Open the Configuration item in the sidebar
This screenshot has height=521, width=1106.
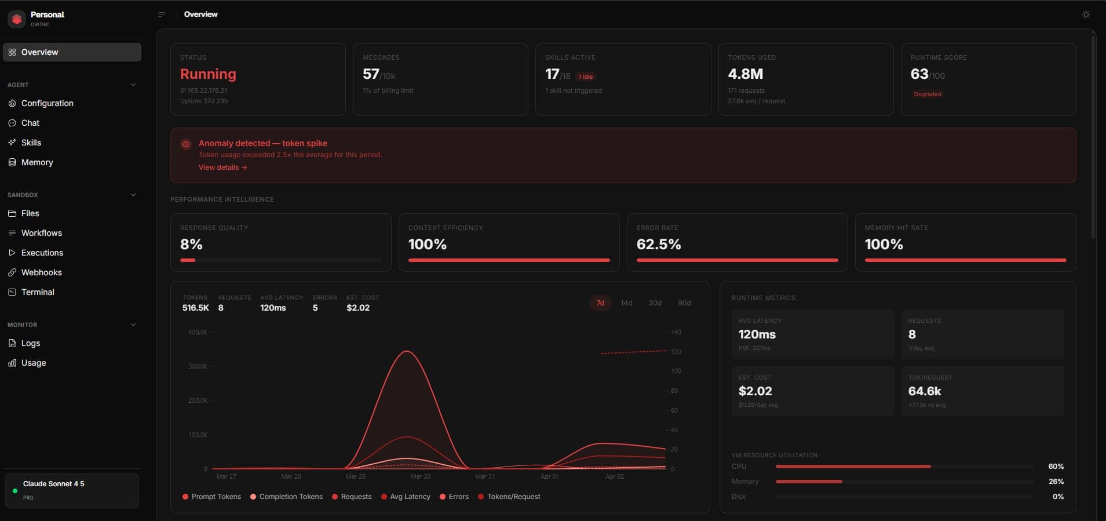click(47, 103)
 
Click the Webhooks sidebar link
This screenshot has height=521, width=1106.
click(41, 272)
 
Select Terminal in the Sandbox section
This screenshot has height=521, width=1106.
click(38, 292)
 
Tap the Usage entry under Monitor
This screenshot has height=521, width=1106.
click(33, 363)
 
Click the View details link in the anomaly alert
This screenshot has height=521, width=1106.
click(222, 167)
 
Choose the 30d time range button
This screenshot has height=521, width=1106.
click(655, 303)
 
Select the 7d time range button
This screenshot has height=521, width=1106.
click(600, 303)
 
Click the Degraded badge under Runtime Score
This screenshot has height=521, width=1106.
click(927, 94)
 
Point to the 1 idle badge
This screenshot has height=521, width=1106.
click(586, 76)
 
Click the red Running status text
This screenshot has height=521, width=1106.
click(208, 74)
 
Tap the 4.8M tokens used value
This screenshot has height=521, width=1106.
click(745, 74)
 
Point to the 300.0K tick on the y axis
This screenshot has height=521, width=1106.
click(198, 366)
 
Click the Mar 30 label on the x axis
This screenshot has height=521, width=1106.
click(420, 476)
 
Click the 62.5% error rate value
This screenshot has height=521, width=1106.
click(658, 245)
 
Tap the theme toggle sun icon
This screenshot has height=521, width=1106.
click(1086, 14)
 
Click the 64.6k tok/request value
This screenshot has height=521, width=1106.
click(924, 391)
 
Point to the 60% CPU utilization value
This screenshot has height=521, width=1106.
click(1056, 467)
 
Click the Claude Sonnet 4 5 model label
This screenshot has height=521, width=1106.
click(53, 484)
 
